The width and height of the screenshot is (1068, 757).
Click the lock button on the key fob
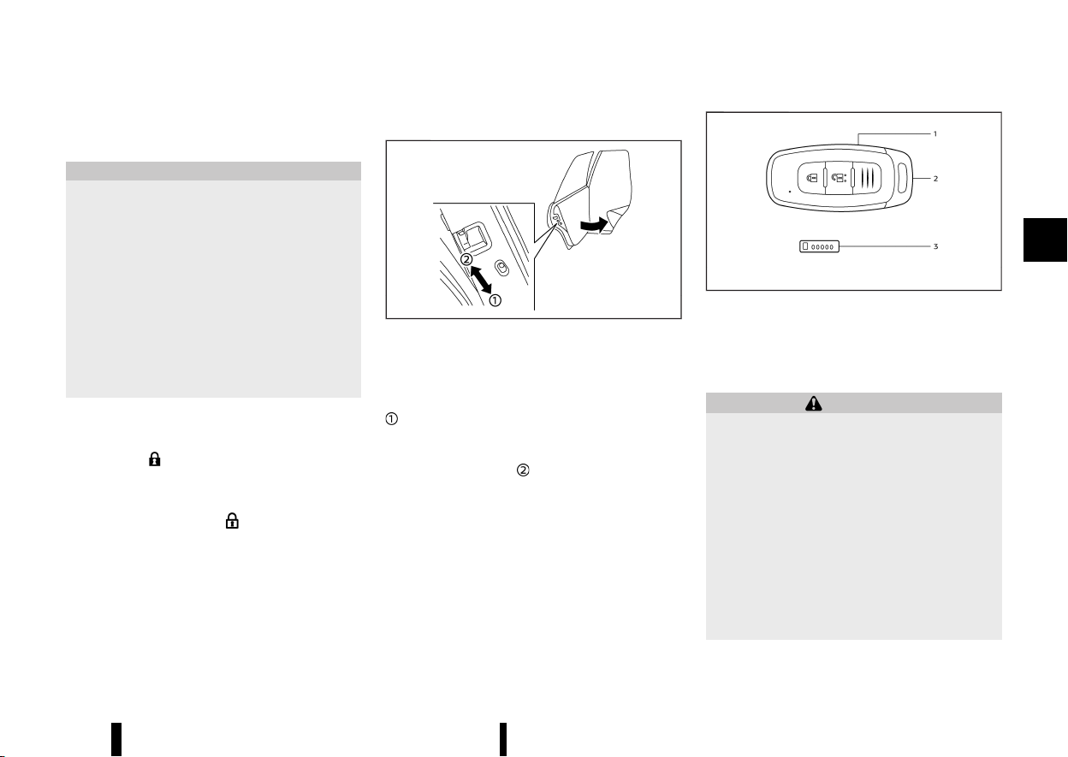[x=811, y=178]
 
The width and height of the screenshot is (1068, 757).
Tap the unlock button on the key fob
[x=838, y=178]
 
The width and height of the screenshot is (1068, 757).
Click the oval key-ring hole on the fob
[x=902, y=178]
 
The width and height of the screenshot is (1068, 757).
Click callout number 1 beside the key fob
[x=935, y=134]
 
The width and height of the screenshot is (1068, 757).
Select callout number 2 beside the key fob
[x=935, y=179]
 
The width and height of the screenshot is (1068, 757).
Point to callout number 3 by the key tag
[x=935, y=246]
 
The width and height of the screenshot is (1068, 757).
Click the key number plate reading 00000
[x=819, y=246]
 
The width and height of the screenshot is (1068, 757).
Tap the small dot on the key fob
[x=790, y=192]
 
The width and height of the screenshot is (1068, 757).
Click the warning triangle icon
[x=813, y=403]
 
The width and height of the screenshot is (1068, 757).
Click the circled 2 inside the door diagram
[x=466, y=259]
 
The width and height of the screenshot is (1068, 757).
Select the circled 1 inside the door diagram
[x=495, y=300]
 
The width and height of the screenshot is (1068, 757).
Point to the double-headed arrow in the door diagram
[x=481, y=280]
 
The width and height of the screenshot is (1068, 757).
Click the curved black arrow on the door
[x=594, y=225]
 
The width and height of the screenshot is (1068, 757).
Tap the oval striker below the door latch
[x=501, y=268]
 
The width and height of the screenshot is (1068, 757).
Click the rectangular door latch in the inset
[x=472, y=238]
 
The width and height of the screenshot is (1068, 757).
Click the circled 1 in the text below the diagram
[x=391, y=419]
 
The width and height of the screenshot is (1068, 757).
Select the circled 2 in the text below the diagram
[x=523, y=470]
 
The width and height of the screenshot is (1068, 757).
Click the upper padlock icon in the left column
[x=155, y=459]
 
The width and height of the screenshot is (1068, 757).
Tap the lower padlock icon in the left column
[x=232, y=521]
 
